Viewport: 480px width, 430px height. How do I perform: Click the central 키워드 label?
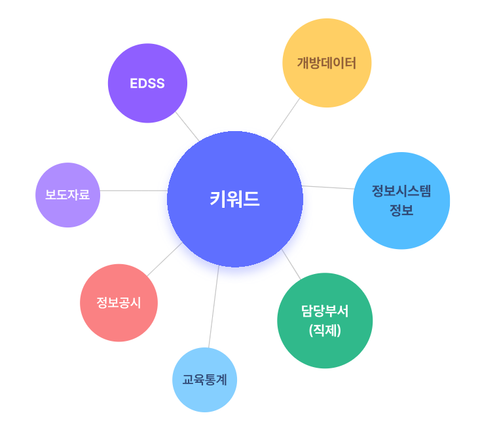234,199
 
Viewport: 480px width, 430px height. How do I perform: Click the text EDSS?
147,83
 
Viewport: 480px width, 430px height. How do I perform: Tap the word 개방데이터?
327,64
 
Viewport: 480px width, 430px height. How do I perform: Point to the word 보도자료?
67,195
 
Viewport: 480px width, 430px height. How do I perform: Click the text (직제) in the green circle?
325,330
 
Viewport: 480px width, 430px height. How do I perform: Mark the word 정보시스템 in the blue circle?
401,191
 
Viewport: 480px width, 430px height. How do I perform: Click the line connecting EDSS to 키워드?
187,126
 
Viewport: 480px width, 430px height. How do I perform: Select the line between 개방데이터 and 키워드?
285,119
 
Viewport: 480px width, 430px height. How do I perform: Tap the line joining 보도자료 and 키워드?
134,191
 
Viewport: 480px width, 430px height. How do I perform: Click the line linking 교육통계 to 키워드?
213,307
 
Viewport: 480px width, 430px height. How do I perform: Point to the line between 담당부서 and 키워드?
291,264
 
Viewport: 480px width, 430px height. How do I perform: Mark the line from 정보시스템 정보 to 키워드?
327,187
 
